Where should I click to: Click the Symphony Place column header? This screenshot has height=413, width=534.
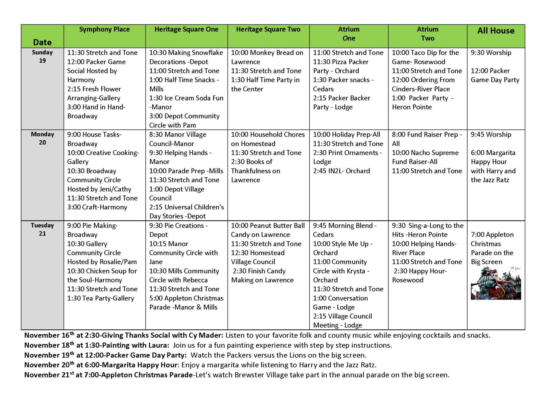pyautogui.click(x=104, y=30)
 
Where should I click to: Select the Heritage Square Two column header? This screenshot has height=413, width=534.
pyautogui.click(x=268, y=30)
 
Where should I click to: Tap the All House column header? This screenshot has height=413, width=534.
pyautogui.click(x=496, y=31)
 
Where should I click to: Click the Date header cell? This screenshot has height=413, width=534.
pyautogui.click(x=42, y=42)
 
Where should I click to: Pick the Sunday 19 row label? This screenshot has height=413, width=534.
pyautogui.click(x=42, y=57)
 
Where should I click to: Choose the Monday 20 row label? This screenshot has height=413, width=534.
pyautogui.click(x=42, y=138)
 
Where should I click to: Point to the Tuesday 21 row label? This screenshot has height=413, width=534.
pyautogui.click(x=42, y=229)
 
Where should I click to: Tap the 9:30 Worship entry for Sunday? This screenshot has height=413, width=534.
pyautogui.click(x=491, y=53)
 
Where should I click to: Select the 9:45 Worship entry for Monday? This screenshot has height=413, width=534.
pyautogui.click(x=491, y=135)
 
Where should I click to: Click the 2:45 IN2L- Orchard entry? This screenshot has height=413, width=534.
pyautogui.click(x=341, y=171)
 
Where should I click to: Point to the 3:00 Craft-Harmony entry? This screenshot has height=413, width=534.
pyautogui.click(x=97, y=207)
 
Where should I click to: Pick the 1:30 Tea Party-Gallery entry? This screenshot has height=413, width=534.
pyautogui.click(x=101, y=298)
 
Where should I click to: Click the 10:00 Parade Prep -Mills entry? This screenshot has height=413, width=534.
pyautogui.click(x=186, y=171)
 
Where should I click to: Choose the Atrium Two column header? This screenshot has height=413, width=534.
pyautogui.click(x=427, y=34)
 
